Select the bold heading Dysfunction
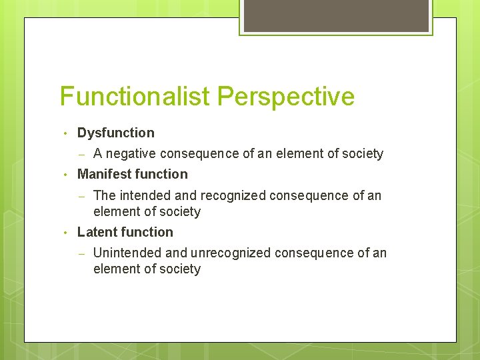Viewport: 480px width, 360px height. (x=115, y=133)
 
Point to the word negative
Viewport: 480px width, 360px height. (x=132, y=154)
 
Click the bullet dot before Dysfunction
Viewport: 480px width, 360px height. (x=65, y=133)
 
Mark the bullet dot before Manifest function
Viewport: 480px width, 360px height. (x=65, y=175)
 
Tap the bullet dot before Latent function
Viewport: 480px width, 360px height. (x=65, y=233)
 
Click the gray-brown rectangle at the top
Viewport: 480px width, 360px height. (x=335, y=15)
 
